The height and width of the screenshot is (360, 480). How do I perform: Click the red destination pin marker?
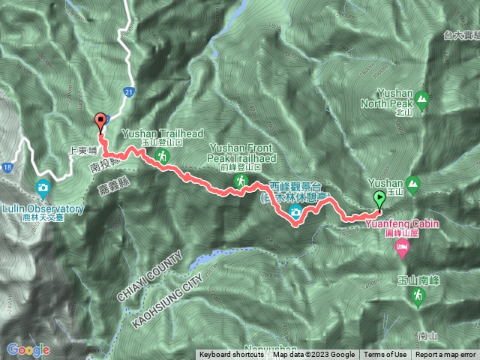click(99, 120)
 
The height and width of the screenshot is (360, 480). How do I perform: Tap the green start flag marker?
click(379, 199)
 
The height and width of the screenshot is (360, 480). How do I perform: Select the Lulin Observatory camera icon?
click(43, 187)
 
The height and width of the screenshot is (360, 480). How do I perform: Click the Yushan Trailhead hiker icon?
click(162, 156)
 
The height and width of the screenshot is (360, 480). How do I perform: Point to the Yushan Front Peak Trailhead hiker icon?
click(241, 181)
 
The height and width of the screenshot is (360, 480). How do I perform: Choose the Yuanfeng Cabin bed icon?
click(403, 247)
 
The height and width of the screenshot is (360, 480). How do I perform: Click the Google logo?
click(28, 349)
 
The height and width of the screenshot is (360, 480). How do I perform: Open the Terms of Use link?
click(385, 355)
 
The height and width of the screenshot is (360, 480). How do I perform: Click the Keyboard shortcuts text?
click(232, 355)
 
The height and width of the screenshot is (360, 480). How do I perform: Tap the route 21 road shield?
click(129, 91)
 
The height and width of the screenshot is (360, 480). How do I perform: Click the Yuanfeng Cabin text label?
click(403, 223)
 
